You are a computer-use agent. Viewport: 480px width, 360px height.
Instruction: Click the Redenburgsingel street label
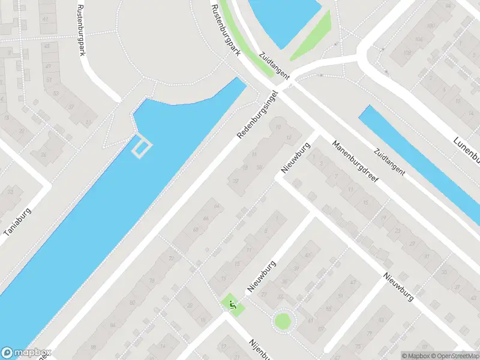[259, 115]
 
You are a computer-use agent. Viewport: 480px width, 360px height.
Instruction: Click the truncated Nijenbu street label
[262, 349]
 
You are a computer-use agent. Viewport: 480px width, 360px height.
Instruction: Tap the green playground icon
[232, 304]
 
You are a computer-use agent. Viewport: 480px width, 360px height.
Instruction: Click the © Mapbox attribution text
[416, 355]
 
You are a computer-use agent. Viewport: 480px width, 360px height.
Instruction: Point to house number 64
[217, 207]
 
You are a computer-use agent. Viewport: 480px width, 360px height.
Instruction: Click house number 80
[132, 303]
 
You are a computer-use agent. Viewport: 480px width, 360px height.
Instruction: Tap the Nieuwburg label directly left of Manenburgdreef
[296, 158]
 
